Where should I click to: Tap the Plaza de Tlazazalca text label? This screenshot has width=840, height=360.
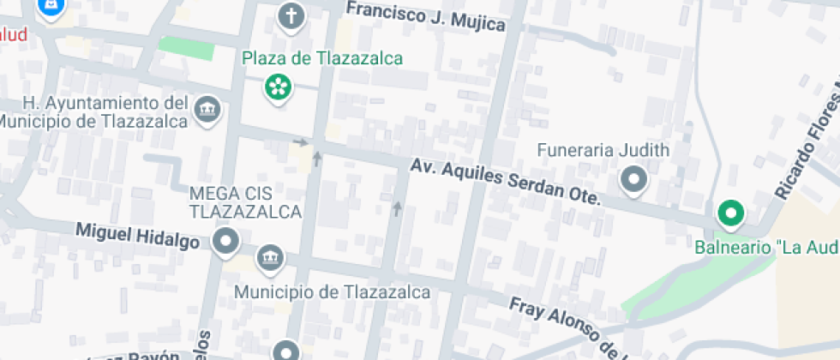click(322, 59)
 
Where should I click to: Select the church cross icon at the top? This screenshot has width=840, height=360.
click(292, 15)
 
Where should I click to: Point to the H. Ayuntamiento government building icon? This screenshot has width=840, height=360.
click(207, 110)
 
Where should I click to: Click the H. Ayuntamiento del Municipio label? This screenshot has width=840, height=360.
click(94, 111)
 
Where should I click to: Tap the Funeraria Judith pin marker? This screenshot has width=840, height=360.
click(633, 180)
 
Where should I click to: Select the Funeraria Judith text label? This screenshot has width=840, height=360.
click(603, 151)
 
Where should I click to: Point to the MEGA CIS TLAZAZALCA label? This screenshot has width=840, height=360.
click(245, 201)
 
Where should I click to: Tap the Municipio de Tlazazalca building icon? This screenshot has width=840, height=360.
click(271, 258)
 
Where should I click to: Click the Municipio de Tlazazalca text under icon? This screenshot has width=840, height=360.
click(333, 292)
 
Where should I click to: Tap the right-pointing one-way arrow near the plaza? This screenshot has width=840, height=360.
click(300, 141)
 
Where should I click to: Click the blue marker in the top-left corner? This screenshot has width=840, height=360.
click(51, 7)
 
